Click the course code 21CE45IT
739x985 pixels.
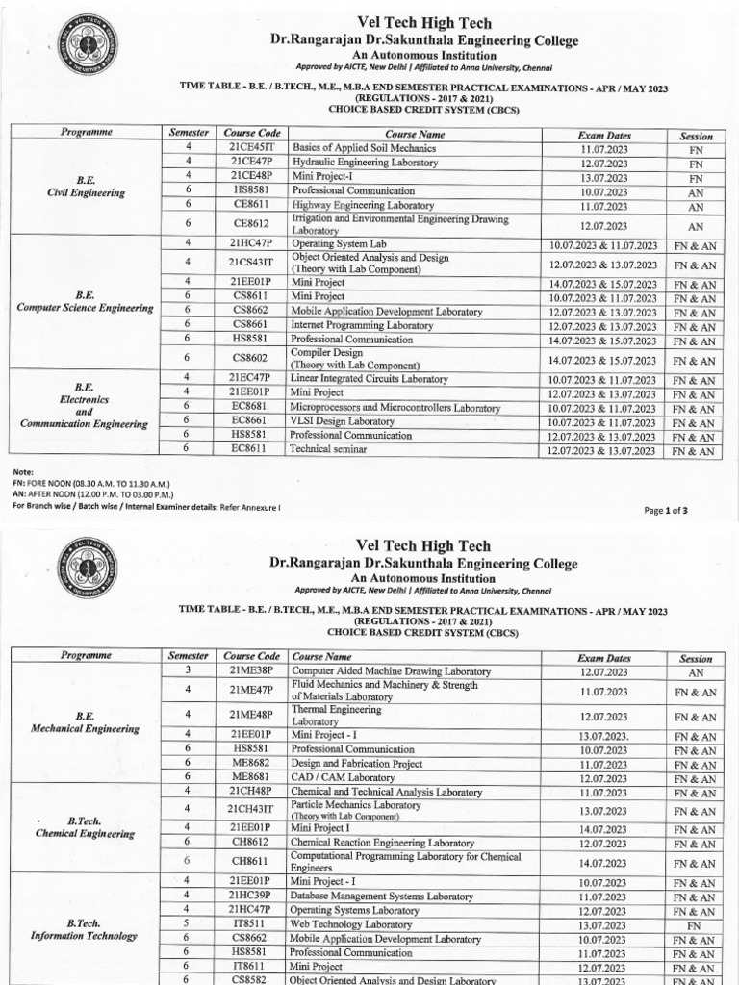251,149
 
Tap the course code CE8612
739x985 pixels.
251,225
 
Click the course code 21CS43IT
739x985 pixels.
251,263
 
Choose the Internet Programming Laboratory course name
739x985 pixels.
363,326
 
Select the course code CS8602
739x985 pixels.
251,360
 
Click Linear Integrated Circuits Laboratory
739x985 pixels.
370,379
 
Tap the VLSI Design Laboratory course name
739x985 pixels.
343,421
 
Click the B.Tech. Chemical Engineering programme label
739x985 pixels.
86,827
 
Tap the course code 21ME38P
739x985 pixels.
251,671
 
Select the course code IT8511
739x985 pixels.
251,924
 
